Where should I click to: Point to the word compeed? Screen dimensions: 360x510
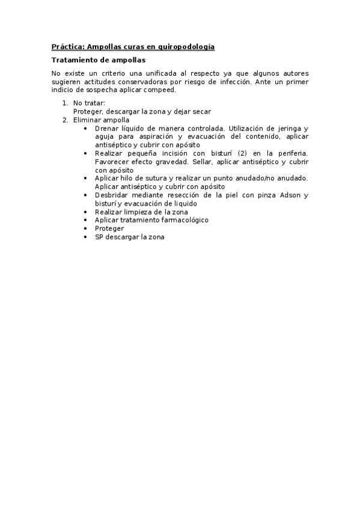point(160,90)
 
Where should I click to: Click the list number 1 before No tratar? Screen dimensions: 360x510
point(65,103)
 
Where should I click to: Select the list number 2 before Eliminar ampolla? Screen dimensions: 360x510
point(65,120)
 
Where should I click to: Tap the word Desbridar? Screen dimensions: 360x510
point(112,195)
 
